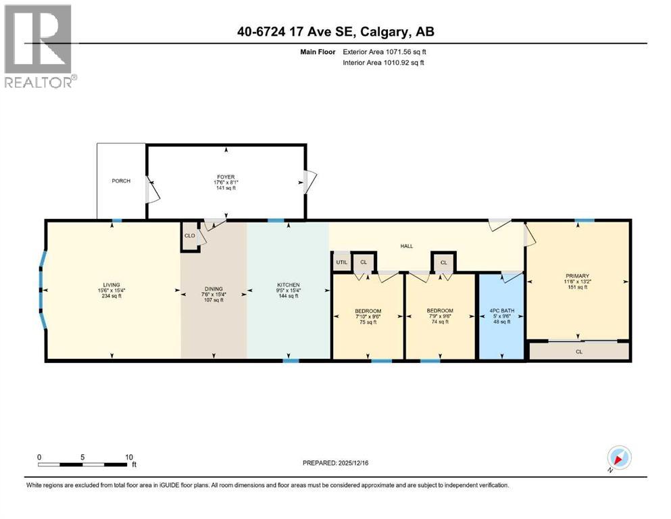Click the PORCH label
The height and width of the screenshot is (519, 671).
(x=121, y=181)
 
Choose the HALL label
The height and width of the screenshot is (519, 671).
(x=406, y=247)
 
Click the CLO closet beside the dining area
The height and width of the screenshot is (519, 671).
(x=190, y=237)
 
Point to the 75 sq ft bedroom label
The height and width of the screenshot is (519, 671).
(x=368, y=317)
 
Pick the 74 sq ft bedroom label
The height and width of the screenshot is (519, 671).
(x=439, y=316)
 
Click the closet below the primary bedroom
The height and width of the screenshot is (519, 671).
(x=579, y=351)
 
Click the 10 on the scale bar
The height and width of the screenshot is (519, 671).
(x=128, y=457)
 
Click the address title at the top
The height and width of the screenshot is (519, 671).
(x=334, y=32)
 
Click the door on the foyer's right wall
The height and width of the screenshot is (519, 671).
(x=309, y=180)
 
